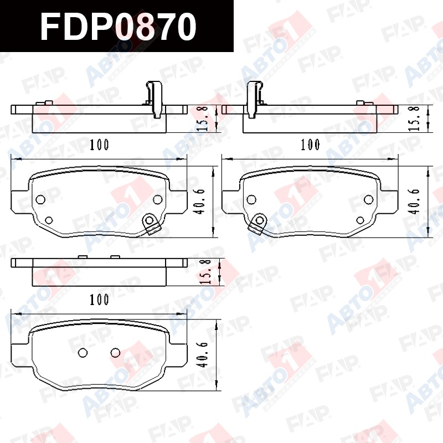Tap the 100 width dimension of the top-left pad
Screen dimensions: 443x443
(99, 145)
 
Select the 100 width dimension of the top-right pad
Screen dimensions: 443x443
(310, 145)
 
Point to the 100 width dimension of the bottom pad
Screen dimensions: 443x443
(99, 300)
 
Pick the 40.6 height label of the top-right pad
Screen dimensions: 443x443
(415, 202)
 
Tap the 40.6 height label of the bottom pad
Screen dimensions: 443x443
(203, 354)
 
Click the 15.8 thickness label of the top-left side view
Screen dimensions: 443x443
(203, 119)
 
